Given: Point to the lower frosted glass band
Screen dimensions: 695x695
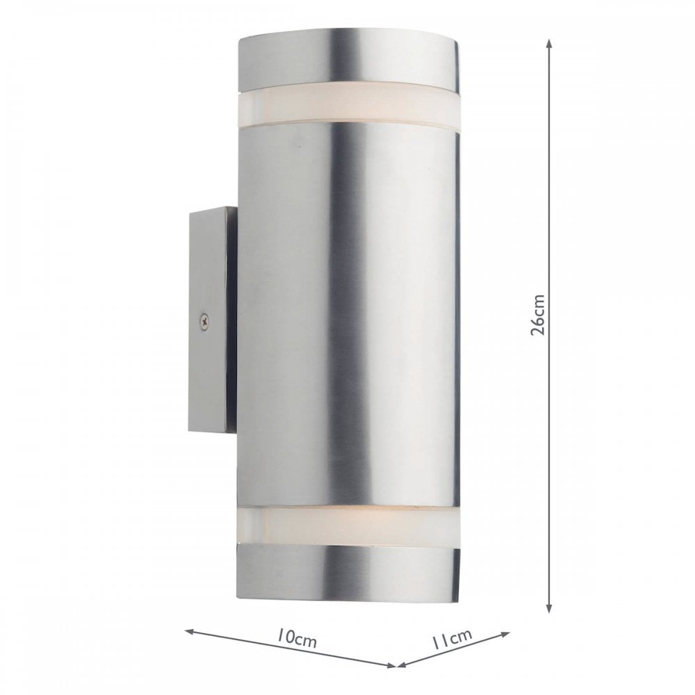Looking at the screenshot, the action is pos(347,527).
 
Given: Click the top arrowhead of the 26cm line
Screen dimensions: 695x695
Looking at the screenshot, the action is pos(549,43).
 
